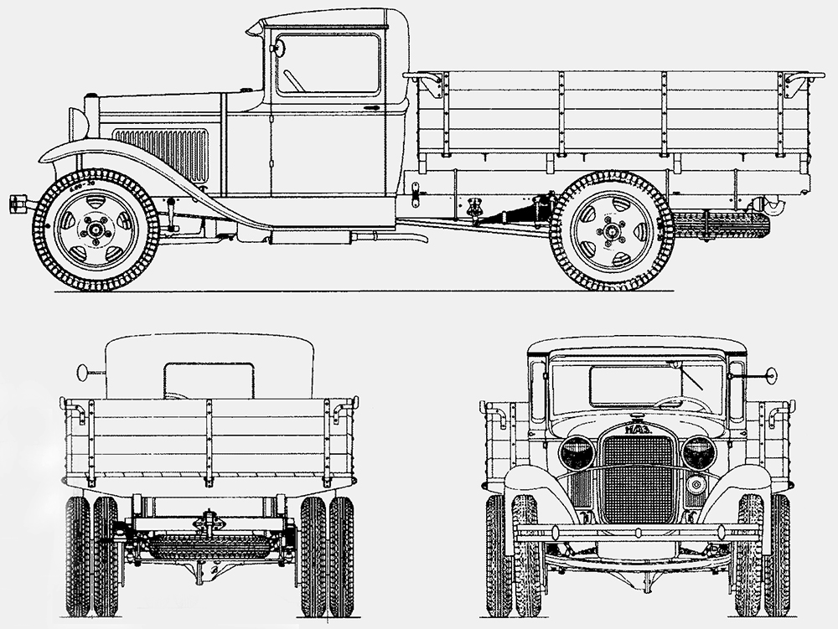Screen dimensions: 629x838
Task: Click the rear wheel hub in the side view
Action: [x=611, y=231]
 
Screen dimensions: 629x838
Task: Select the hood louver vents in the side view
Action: [x=161, y=154]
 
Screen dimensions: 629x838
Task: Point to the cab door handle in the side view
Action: [x=370, y=108]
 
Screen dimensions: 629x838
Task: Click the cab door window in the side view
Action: [x=328, y=65]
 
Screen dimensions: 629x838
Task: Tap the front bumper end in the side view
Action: [x=18, y=204]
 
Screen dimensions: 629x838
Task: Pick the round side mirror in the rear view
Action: [x=82, y=371]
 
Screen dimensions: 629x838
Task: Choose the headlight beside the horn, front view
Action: [x=699, y=453]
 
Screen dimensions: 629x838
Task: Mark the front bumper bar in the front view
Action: [x=637, y=531]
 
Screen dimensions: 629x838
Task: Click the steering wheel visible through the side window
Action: [x=292, y=80]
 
